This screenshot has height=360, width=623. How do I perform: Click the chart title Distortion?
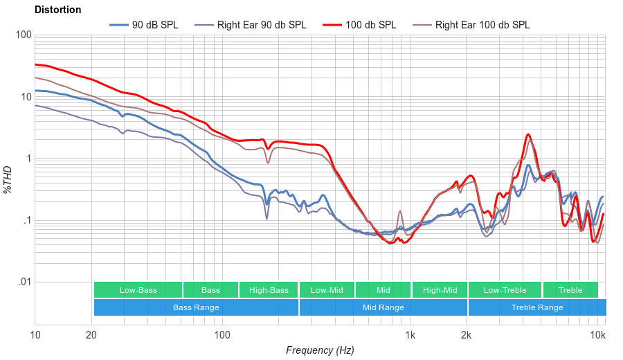pyautogui.click(x=57, y=10)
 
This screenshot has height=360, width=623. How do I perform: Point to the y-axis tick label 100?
pyautogui.click(x=23, y=35)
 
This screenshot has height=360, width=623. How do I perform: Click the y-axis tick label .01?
pyautogui.click(x=24, y=282)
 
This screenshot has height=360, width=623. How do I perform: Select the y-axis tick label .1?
pyautogui.click(x=26, y=221)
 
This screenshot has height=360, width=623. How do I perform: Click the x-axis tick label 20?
pyautogui.click(x=91, y=336)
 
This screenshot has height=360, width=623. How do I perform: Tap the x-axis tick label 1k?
pyautogui.click(x=410, y=336)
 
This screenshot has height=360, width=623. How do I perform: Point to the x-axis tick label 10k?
pyautogui.click(x=598, y=336)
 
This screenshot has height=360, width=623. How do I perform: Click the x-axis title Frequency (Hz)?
pyautogui.click(x=320, y=350)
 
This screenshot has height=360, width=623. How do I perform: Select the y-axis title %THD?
pyautogui.click(x=8, y=179)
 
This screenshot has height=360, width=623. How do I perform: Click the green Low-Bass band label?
pyautogui.click(x=138, y=290)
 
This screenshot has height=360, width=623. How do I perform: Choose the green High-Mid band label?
pyautogui.click(x=440, y=290)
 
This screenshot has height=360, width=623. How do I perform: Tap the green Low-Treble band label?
pyautogui.click(x=505, y=290)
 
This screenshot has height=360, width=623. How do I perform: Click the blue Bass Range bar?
pyautogui.click(x=196, y=307)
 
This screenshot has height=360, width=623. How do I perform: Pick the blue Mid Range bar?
pyautogui.click(x=383, y=307)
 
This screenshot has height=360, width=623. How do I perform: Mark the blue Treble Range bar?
pyautogui.click(x=536, y=307)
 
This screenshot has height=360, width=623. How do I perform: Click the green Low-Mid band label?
pyautogui.click(x=327, y=290)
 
